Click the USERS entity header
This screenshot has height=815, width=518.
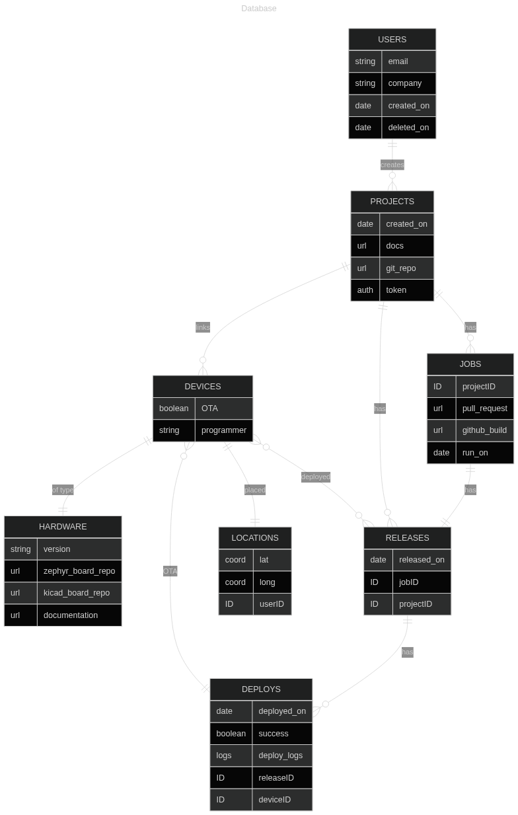point(392,40)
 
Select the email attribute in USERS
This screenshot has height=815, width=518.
point(398,61)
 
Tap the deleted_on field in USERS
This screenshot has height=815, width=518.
point(408,128)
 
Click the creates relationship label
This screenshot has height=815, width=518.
point(392,165)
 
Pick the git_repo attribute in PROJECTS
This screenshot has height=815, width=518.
point(400,268)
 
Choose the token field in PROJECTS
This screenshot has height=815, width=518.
point(396,290)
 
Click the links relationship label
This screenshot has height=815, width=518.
point(203,327)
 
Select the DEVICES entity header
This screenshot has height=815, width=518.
point(203,387)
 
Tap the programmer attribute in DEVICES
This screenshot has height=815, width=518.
point(224,430)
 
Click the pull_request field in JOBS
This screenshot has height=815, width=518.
point(484,408)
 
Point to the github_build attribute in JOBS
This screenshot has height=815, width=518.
point(484,430)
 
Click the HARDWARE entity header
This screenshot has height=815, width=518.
point(63,527)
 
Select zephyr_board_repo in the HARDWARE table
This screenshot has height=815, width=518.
point(79,571)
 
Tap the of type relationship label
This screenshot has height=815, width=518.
point(63,490)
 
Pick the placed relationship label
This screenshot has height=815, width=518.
point(255,490)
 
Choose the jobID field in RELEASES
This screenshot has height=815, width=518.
point(408,582)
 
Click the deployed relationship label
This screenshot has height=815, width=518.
point(316,477)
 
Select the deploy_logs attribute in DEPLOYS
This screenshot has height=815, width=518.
point(281,756)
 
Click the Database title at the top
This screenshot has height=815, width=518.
point(259,9)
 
